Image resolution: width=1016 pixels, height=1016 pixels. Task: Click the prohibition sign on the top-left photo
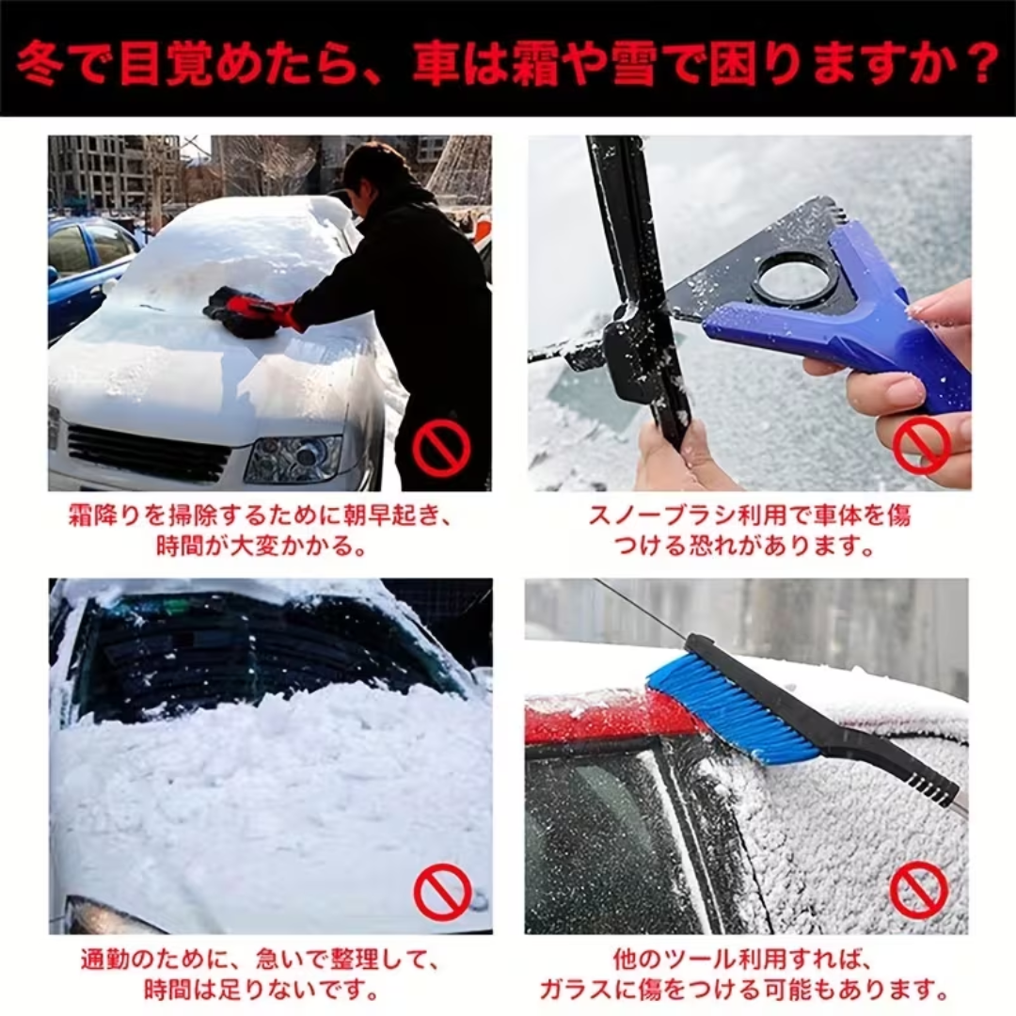coord(441,447)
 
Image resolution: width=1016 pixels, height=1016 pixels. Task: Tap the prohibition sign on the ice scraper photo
coord(921,445)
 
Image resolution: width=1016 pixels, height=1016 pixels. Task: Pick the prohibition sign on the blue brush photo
coord(917,891)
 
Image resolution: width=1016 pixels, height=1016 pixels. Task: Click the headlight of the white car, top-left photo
coord(294,459)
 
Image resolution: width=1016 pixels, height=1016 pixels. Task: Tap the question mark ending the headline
coord(974,63)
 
